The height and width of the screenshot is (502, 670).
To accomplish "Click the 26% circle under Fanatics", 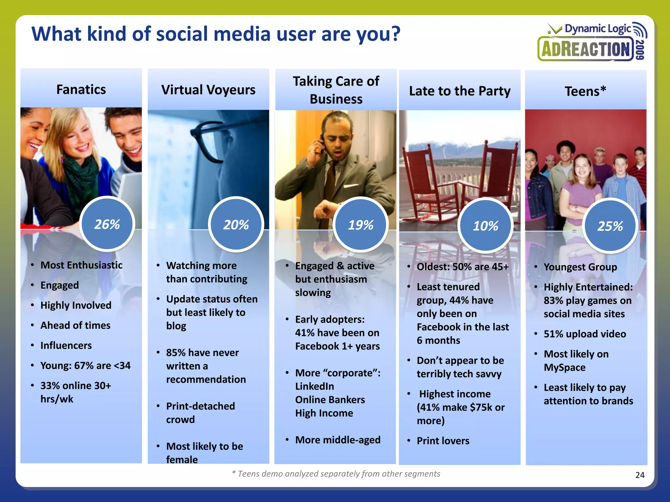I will [107, 224].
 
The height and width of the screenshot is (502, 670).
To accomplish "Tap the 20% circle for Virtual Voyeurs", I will [236, 225].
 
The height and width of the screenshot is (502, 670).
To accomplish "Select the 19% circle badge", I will [361, 225].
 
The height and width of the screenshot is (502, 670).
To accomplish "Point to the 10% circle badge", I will [485, 226].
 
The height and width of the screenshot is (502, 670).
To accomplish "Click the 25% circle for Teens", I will [610, 226].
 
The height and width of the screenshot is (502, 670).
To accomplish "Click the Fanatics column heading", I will [81, 90].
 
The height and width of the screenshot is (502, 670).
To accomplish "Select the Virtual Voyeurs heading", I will [208, 90].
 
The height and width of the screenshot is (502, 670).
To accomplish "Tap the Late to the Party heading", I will [460, 91].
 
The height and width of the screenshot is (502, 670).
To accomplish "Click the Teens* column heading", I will [586, 91].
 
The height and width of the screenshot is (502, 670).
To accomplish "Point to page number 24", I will [640, 475].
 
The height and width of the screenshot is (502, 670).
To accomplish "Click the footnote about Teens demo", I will [336, 474].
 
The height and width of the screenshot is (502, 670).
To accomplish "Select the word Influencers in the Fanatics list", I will [66, 345].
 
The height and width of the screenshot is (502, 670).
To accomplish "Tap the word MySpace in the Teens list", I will [565, 367].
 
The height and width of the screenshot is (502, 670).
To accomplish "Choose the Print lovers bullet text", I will [443, 441].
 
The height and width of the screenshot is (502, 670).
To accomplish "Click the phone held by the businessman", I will [322, 144].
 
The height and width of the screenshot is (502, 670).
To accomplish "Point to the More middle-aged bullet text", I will [338, 440].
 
